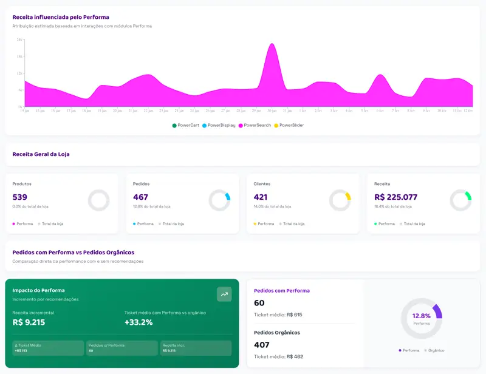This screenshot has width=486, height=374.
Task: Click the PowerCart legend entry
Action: pos(186,125)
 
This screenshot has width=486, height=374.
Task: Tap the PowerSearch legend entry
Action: pos(255,125)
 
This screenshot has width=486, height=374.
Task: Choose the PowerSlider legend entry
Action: pos(289,125)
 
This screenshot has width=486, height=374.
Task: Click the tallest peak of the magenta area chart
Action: pos(272,44)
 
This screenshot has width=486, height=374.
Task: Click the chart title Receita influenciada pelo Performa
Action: pos(61,17)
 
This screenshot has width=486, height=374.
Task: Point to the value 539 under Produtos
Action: pos(20,197)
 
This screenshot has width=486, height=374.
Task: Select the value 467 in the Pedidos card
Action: pos(140,197)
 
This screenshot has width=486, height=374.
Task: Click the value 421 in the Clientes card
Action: pos(261,197)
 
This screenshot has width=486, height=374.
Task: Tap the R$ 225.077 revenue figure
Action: pos(395,197)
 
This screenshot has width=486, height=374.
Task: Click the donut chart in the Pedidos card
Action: pos(219,200)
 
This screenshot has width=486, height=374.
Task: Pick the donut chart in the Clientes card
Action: pos(340,200)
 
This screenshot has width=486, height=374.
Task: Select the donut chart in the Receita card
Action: pos(460,200)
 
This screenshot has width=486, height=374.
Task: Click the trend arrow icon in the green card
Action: pos(224,294)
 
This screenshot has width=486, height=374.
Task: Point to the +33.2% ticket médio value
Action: pos(139,322)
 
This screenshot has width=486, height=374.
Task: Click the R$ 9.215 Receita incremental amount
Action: pos(29,322)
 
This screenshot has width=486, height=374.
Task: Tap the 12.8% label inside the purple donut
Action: pos(421,316)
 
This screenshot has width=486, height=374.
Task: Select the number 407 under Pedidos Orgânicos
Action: pos(262,344)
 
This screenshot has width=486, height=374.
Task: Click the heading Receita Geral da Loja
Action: pos(41,154)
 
